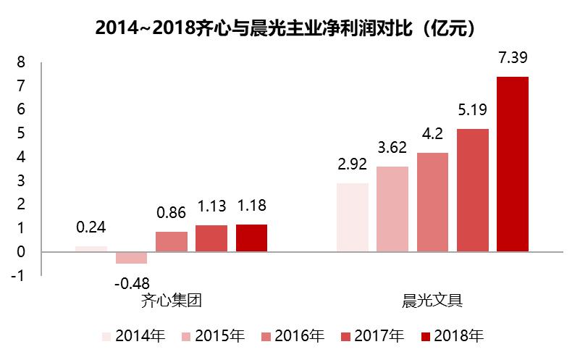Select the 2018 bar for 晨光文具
coord(513,164)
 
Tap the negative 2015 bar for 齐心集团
coord(131,258)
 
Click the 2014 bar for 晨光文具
coord(353,217)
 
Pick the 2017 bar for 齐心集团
coord(211,238)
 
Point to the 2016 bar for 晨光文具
coord(432,202)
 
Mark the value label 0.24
coord(91,227)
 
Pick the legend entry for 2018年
coord(453,337)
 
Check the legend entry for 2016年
coord(293,337)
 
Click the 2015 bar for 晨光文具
coord(392,209)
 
